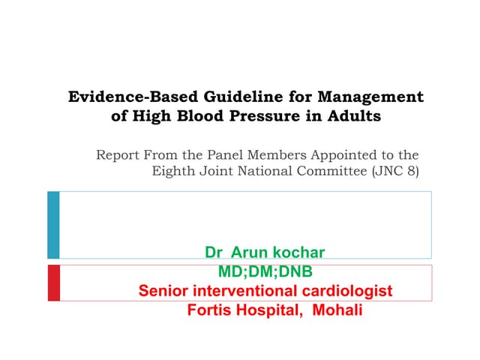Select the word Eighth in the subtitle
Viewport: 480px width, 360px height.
pyautogui.click(x=172, y=170)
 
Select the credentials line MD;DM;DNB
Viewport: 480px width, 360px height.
pyautogui.click(x=265, y=271)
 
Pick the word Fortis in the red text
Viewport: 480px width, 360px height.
pyautogui.click(x=212, y=308)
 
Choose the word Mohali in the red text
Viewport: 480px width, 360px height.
pyautogui.click(x=336, y=308)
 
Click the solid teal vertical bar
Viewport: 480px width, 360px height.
pyautogui.click(x=53, y=225)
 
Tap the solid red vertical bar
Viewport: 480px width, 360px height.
pyautogui.click(x=53, y=283)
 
